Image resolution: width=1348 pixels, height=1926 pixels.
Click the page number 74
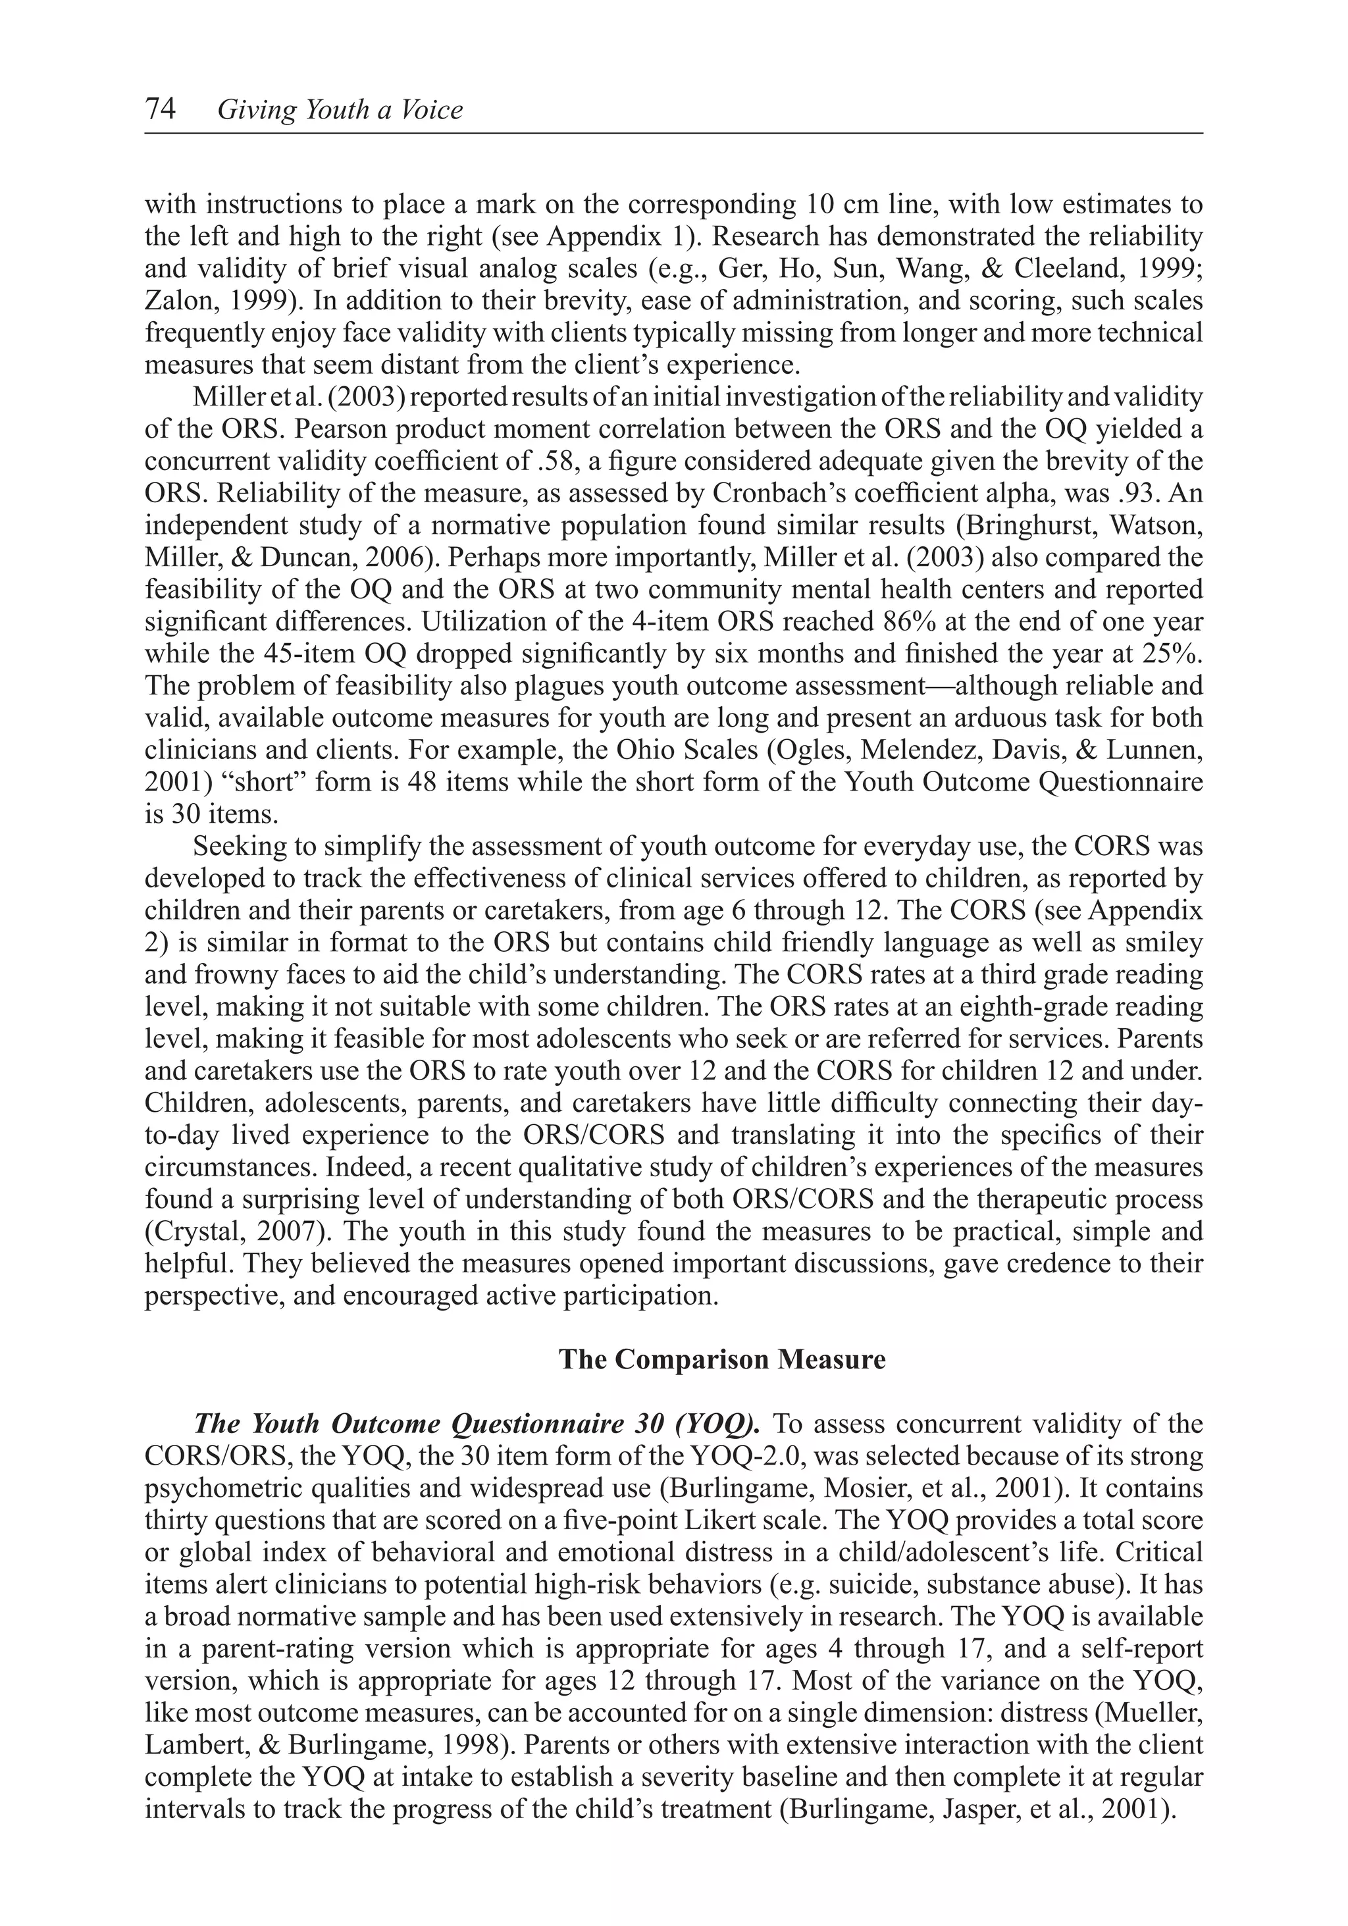160,109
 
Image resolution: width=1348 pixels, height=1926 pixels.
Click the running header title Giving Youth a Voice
340,110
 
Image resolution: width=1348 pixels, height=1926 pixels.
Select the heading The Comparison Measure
721,1359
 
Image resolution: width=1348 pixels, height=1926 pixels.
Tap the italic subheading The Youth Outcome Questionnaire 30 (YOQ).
477,1424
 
